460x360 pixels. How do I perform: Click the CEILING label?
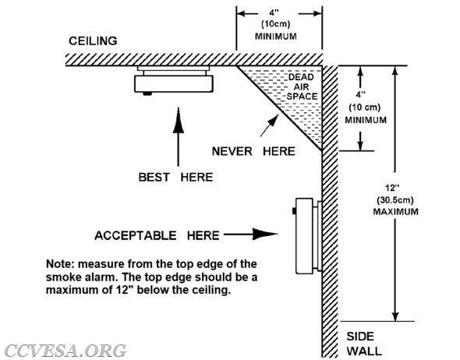coord(93,41)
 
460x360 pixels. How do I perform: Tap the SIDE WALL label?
coord(364,344)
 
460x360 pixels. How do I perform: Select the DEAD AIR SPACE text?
coord(302,86)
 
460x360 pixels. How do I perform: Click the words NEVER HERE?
coord(253,151)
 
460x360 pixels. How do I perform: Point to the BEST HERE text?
coord(175,177)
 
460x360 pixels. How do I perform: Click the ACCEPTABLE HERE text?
coord(157,235)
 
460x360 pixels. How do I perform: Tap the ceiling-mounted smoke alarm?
coord(174,80)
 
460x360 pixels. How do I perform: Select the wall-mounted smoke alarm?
coord(307,236)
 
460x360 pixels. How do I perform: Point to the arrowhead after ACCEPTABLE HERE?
coord(265,234)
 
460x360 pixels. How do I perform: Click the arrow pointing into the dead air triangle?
coord(269,125)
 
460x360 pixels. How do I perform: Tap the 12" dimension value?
coord(392,188)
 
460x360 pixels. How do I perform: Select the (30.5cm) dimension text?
coord(395,200)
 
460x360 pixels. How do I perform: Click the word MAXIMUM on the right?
coord(395,211)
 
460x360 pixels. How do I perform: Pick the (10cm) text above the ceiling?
coord(275,23)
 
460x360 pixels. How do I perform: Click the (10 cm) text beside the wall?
coord(364,108)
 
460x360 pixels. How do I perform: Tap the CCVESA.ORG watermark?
coord(65,351)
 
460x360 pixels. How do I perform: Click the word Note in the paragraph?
coord(60,264)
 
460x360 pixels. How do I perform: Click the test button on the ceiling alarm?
coord(147,94)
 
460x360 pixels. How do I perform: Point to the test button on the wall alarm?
coord(294,211)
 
